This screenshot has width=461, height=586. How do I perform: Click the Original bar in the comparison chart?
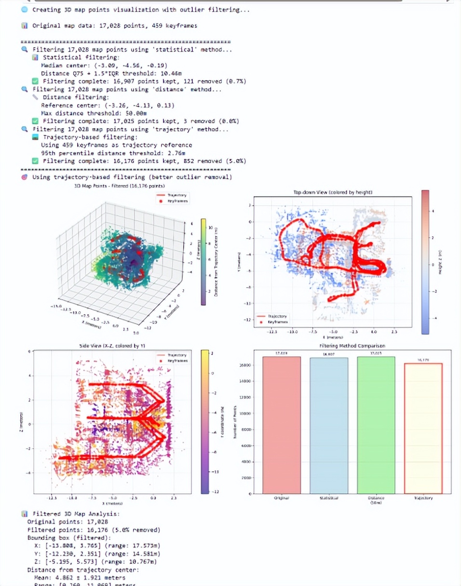282,425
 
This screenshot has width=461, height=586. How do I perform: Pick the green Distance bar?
376,425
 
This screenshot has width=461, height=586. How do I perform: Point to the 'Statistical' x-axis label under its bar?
329,498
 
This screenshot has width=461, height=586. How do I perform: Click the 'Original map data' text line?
114,25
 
